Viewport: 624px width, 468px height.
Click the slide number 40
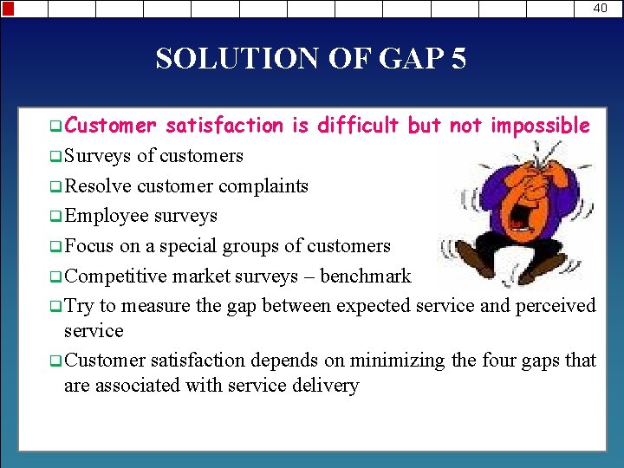601,8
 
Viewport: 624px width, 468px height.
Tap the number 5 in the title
458,59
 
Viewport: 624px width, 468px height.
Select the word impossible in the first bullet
540,126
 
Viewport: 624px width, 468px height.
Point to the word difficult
358,126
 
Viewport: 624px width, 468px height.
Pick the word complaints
263,185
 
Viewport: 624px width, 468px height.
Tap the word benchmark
367,276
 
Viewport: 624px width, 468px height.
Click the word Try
79,306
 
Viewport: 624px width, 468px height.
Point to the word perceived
556,306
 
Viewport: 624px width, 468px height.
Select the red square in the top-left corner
8,8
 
